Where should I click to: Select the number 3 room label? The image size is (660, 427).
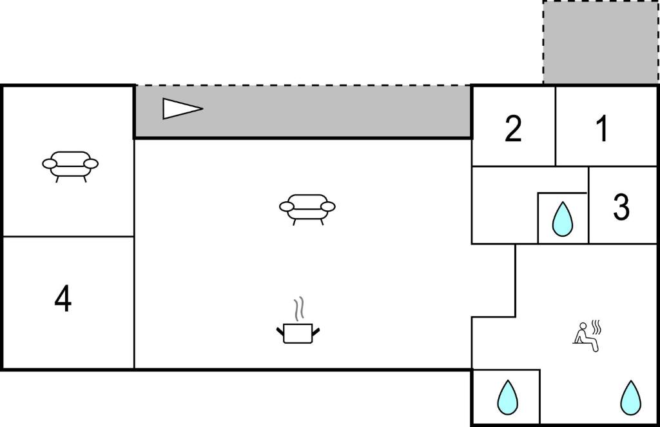[621, 206]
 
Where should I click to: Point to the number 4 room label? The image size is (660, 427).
[63, 298]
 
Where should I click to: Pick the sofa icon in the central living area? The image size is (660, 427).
[307, 209]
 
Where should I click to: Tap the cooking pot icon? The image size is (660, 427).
[298, 333]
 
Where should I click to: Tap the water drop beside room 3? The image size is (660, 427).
[562, 219]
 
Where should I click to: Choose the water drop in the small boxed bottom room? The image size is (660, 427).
[507, 397]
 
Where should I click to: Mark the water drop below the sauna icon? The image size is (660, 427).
[630, 397]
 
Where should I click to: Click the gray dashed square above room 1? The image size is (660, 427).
[601, 42]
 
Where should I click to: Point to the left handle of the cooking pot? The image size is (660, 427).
[280, 331]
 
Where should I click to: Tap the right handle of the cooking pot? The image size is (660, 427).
[316, 331]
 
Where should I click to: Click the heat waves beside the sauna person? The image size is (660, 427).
[596, 327]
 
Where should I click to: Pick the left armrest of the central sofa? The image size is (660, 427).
[287, 206]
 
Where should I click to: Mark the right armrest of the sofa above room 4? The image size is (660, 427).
[91, 163]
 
